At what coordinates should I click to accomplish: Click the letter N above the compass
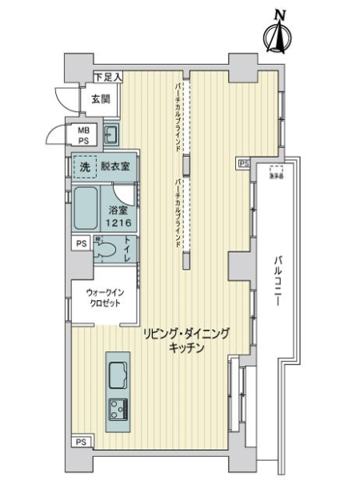click(279, 13)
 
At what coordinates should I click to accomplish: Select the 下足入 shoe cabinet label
click(107, 78)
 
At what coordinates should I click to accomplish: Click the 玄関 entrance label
click(100, 99)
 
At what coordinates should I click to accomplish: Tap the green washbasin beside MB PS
click(111, 133)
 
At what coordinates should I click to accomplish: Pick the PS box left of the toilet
click(81, 244)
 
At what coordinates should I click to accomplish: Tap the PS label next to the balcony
click(243, 163)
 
